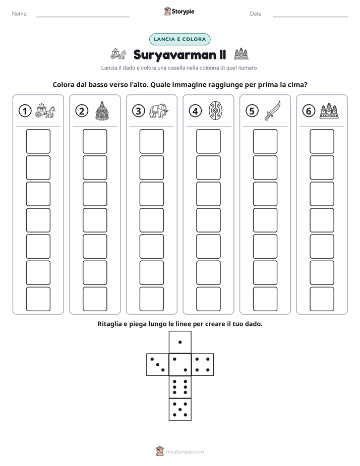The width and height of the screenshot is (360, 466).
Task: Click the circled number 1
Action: [25, 111]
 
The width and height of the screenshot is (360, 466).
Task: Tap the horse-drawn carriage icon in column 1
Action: [45, 110]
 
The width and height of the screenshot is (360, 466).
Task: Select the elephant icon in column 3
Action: [159, 111]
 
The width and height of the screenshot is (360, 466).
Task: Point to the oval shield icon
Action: [215, 110]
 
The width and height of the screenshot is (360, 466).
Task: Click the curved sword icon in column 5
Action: [272, 110]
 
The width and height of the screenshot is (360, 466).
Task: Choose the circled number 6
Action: [309, 111]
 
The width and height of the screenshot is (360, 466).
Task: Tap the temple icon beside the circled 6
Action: [329, 110]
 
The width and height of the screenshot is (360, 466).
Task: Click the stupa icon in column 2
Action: [102, 110]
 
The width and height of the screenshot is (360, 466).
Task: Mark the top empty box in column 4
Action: [208, 141]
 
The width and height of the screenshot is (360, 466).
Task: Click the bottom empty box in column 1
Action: [38, 299]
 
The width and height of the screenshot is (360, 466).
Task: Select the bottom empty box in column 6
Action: [322, 299]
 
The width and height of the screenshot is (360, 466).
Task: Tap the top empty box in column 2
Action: [95, 141]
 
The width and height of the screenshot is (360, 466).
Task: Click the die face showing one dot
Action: [180, 342]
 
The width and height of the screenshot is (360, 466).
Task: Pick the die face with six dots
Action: [180, 387]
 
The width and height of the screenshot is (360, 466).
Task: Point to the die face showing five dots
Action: [180, 410]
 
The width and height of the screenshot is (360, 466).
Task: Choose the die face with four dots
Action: [203, 365]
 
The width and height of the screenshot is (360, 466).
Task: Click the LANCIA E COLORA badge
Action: [179, 39]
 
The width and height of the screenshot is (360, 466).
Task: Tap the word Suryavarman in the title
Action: [175, 55]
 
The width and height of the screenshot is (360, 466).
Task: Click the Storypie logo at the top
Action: [179, 12]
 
